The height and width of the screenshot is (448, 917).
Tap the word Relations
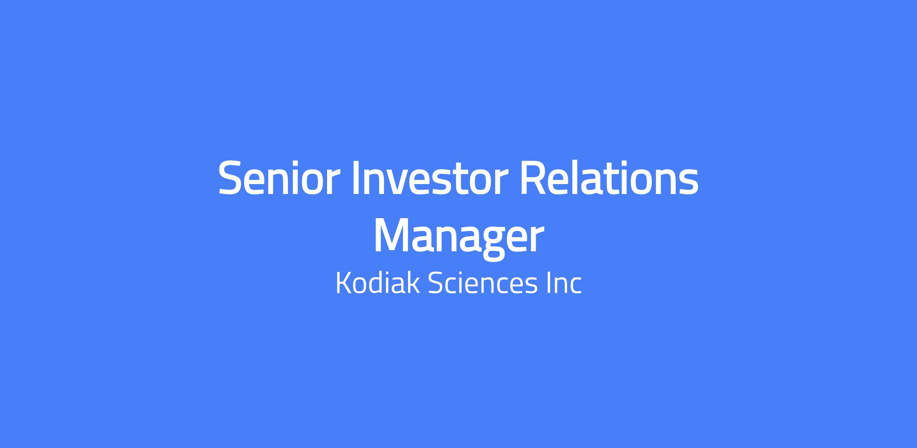click(609, 178)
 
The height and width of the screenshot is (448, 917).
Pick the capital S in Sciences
click(436, 283)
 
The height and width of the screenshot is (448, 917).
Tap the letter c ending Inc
click(575, 286)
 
